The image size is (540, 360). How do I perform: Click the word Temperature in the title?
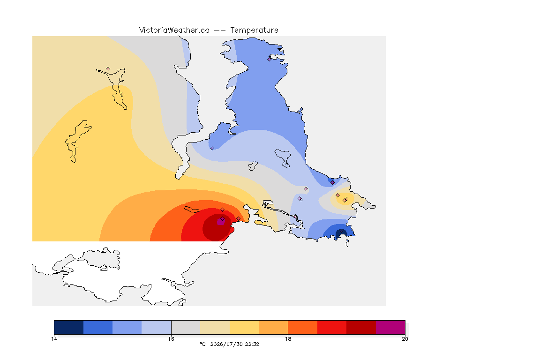254,30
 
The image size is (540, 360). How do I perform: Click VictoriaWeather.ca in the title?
174,30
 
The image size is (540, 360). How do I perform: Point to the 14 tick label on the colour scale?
54,339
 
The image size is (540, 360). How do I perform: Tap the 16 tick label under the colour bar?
171,339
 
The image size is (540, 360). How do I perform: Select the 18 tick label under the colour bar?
288,339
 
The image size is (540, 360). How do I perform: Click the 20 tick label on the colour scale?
405,339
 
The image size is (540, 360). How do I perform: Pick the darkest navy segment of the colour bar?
69,327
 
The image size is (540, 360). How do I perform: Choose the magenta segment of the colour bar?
390,327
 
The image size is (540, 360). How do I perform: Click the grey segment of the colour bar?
186,327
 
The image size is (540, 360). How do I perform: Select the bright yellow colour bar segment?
244,327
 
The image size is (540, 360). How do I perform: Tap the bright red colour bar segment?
332,327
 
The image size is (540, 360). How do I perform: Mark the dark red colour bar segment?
361,327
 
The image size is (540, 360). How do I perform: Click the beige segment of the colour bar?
215,327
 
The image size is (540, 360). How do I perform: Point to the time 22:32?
252,344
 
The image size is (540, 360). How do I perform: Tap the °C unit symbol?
202,344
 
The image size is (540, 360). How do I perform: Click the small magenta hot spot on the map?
221,222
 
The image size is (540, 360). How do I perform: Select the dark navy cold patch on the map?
340,234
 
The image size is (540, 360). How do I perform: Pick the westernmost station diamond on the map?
108,69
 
